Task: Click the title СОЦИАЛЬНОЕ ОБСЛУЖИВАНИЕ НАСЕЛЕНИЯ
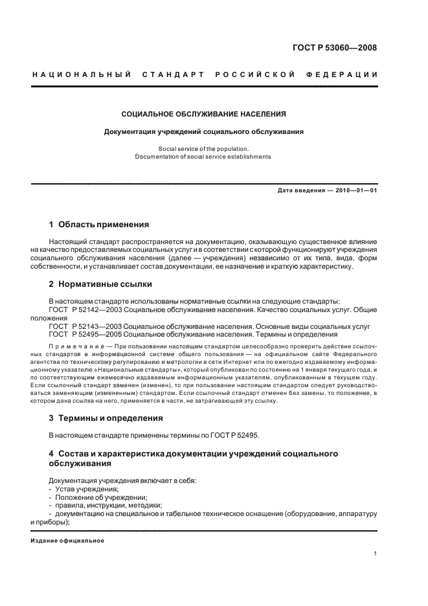pos(204,114)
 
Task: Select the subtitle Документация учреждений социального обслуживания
pos(204,131)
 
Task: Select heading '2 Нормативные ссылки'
pos(100,284)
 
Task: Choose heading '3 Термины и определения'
pos(106,418)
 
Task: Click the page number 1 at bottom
pos(376,554)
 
